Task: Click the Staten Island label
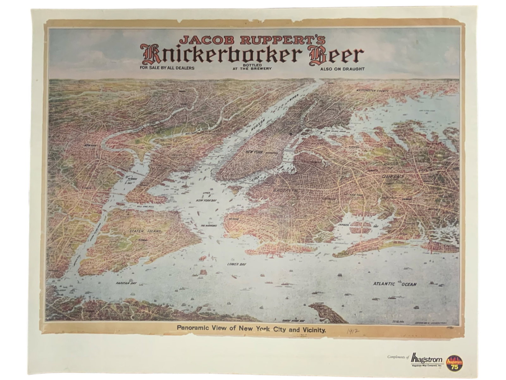click(145, 231)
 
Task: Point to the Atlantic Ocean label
click(394, 284)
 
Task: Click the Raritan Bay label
click(126, 283)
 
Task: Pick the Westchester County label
click(372, 91)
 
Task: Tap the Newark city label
click(90, 145)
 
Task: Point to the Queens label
click(392, 176)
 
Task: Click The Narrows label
click(208, 226)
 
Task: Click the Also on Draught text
click(342, 69)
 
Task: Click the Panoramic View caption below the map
click(251, 330)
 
